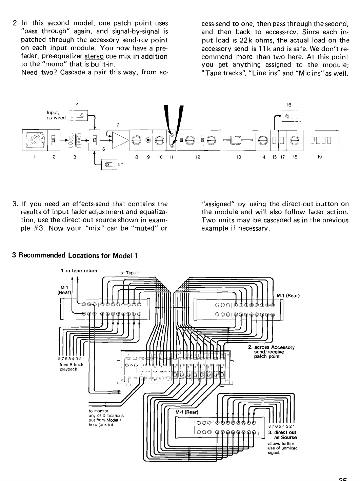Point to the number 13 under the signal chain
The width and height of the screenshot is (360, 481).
click(x=239, y=157)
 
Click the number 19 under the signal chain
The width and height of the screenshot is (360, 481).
click(x=320, y=157)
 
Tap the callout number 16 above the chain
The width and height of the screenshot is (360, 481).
click(x=289, y=105)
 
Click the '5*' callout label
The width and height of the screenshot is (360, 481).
click(x=119, y=165)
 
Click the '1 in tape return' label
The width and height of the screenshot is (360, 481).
click(x=79, y=270)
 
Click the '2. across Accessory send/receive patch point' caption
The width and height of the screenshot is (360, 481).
click(x=271, y=352)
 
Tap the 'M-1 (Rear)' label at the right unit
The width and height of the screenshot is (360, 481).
click(x=288, y=295)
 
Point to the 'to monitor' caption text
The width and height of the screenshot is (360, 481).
click(x=97, y=411)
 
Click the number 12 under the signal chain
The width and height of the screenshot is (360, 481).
click(x=198, y=157)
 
